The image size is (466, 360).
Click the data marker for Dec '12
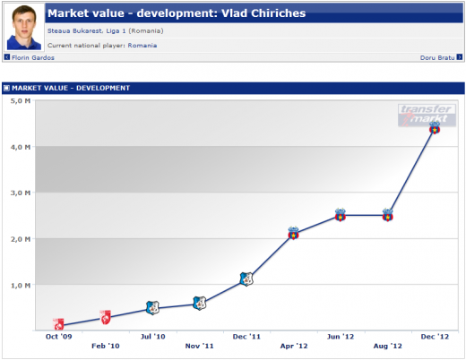pyautogui.click(x=435, y=128)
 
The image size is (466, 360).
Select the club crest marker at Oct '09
pyautogui.click(x=58, y=324)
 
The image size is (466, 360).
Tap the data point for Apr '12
pyautogui.click(x=293, y=233)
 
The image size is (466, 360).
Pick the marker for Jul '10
pyautogui.click(x=152, y=308)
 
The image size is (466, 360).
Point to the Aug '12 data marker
pyautogui.click(x=387, y=215)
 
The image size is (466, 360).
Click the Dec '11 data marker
pyautogui.click(x=246, y=279)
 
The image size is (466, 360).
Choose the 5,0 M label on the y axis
pyautogui.click(x=21, y=101)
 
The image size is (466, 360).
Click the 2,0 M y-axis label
pyautogui.click(x=21, y=239)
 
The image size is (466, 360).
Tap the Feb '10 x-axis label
pyautogui.click(x=106, y=346)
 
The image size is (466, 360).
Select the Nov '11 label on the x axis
pyautogui.click(x=199, y=346)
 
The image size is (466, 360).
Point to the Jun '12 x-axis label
pyautogui.click(x=341, y=337)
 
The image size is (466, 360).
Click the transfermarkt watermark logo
pyautogui.click(x=427, y=115)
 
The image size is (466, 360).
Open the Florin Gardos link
pyautogui.click(x=33, y=57)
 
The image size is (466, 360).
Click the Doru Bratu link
pyautogui.click(x=437, y=57)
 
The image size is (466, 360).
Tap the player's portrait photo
pyautogui.click(x=24, y=27)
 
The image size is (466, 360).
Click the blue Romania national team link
pyautogui.click(x=142, y=46)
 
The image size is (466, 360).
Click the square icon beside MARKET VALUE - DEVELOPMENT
pyautogui.click(x=6, y=88)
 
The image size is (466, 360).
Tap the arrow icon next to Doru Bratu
pyautogui.click(x=460, y=57)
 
